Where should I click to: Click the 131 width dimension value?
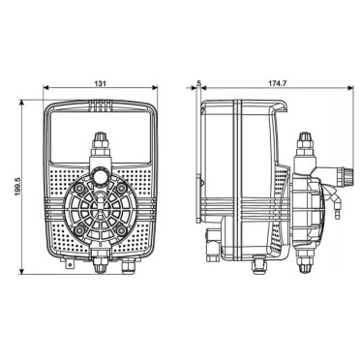point(100,83)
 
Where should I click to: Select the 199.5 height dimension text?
point(17,187)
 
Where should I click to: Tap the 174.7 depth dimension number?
point(278,83)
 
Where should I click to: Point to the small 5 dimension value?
point(199,83)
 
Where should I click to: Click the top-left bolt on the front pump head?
point(78,188)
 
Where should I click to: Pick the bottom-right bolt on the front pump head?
point(121,230)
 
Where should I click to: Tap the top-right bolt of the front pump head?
point(121,188)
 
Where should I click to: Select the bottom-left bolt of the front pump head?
point(78,230)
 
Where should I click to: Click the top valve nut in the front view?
point(101,137)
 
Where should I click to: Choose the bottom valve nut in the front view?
point(100,265)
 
